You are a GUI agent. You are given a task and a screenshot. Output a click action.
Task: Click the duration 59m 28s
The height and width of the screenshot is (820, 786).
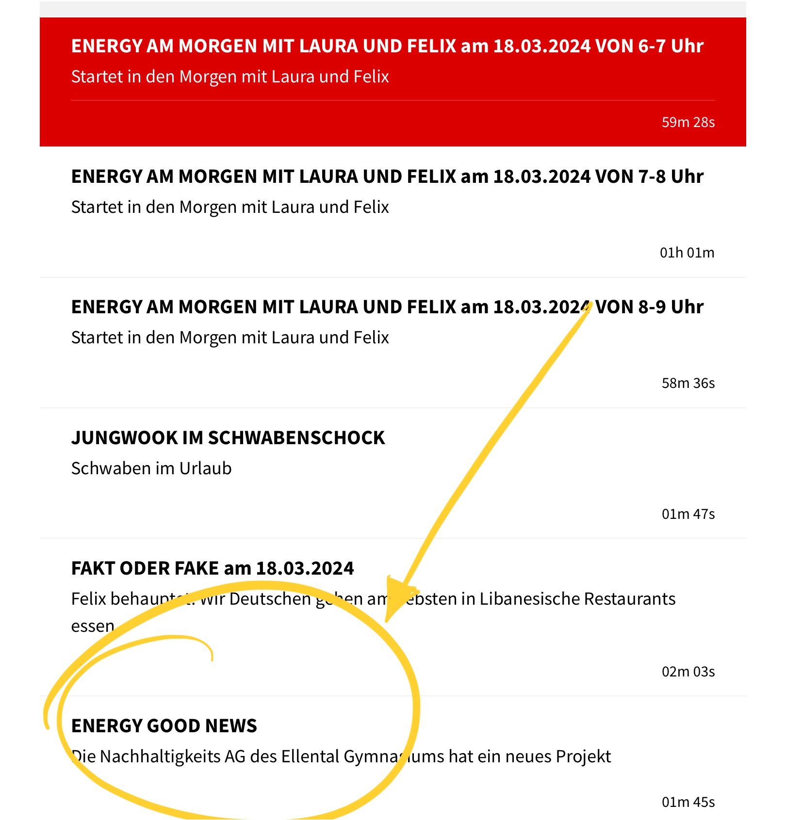coord(688,122)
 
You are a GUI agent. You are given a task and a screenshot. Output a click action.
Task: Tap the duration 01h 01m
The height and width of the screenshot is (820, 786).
coord(687,253)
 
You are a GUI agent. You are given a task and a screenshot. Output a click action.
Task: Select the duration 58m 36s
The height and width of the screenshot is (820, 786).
coord(688,383)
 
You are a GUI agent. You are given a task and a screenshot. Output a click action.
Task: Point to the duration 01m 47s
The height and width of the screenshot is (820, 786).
coord(688,514)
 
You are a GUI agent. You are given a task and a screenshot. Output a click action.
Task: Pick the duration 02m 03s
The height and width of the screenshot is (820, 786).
coord(688,672)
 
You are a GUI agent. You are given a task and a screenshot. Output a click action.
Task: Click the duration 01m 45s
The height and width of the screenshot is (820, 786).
coord(688,802)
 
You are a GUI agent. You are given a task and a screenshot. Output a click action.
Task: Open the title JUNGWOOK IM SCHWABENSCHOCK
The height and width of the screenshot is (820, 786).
coord(228,438)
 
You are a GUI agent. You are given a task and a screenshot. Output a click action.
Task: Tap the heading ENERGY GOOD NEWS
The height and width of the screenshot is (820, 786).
coord(164,726)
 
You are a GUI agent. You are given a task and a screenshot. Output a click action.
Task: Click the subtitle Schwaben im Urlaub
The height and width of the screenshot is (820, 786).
coord(151,468)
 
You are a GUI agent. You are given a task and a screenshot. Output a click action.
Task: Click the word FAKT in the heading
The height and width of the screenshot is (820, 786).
coord(93,568)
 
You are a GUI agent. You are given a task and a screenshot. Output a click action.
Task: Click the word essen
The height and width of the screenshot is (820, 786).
coord(92,627)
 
